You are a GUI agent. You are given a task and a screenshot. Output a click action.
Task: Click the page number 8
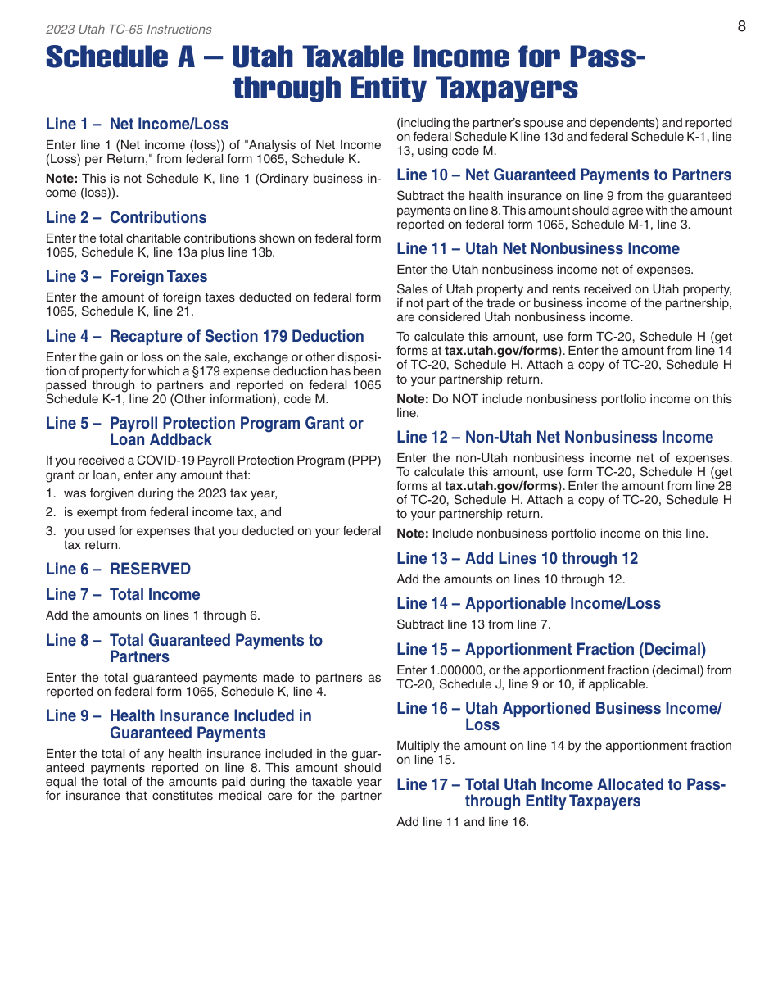point(741,26)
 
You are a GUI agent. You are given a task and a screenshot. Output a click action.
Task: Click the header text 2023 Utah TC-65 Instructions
point(129,30)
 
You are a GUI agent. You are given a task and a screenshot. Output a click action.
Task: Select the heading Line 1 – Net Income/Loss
point(137,125)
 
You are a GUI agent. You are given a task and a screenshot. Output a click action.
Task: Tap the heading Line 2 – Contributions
point(126,218)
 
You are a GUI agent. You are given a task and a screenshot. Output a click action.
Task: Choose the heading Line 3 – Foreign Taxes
point(126,277)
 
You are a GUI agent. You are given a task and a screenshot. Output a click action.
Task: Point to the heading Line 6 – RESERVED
point(118,570)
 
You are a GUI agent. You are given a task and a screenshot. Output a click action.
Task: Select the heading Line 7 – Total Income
point(123,595)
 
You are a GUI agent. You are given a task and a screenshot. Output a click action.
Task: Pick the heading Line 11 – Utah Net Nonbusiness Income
point(538,249)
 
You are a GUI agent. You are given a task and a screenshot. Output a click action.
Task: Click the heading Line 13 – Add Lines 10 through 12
point(517,559)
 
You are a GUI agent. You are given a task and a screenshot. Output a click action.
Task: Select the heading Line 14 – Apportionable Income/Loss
point(528,604)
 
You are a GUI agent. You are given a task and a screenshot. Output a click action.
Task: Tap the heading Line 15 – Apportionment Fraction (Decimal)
point(551,650)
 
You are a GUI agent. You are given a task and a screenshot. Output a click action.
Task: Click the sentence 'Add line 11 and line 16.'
point(463,822)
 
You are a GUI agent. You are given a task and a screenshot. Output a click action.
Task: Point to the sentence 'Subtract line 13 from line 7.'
point(473,624)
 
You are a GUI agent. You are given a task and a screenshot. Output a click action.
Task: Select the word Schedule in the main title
point(110,57)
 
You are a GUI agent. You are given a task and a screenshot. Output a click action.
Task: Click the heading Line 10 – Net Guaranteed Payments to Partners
point(563,175)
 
